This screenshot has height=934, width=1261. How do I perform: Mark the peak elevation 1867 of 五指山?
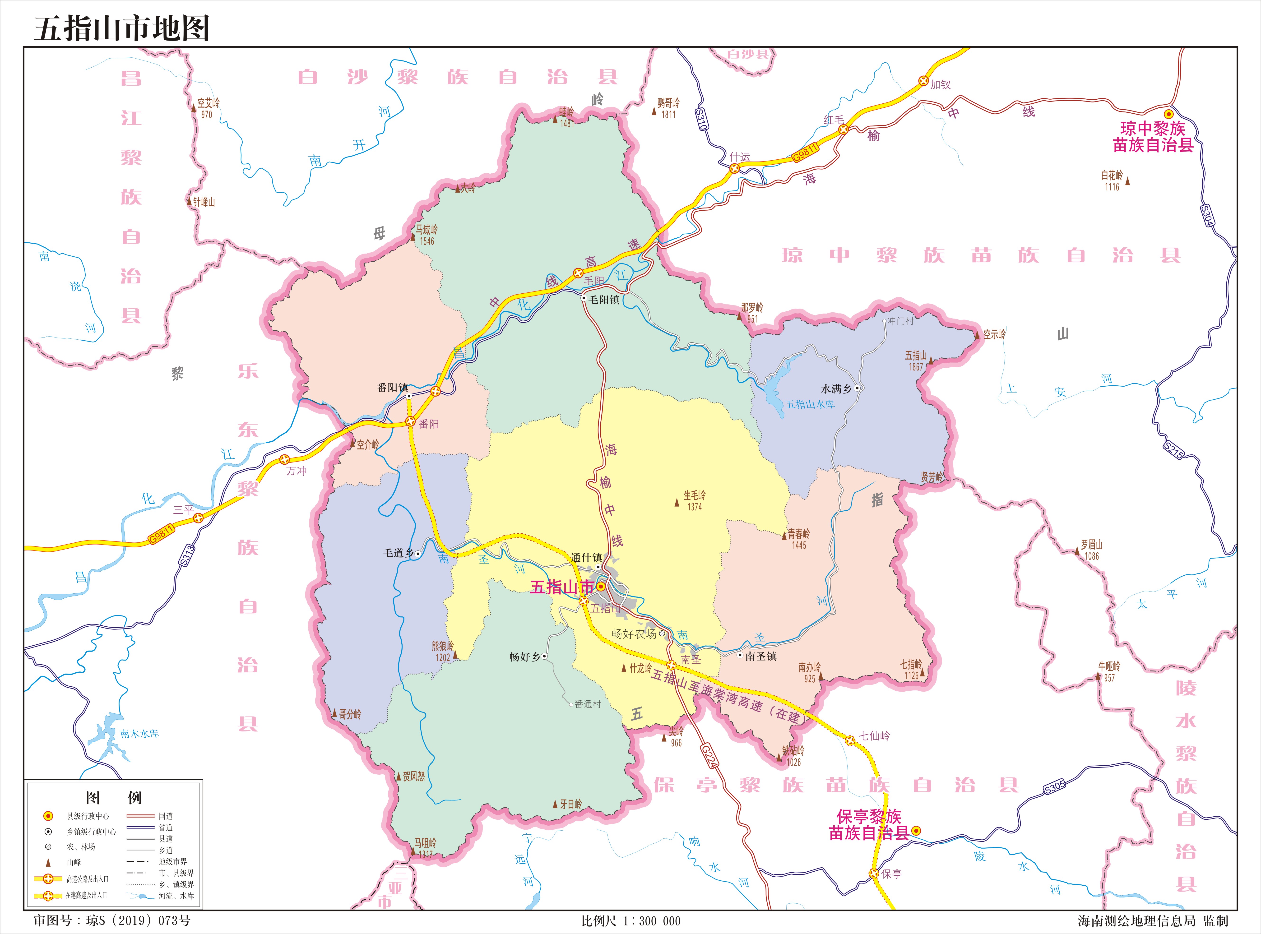pyautogui.click(x=915, y=367)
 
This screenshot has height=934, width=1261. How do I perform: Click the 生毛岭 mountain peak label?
pyautogui.click(x=694, y=495)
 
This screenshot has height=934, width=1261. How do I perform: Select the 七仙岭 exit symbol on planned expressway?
pyautogui.click(x=850, y=740)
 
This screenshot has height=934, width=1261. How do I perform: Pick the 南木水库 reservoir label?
pyautogui.click(x=139, y=734)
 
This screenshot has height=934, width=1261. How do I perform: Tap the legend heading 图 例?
pyautogui.click(x=113, y=798)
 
